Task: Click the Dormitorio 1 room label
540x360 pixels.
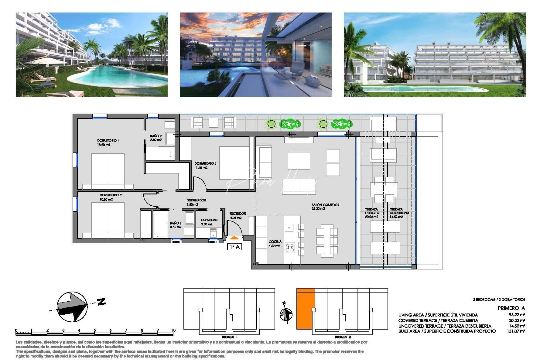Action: click(108, 143)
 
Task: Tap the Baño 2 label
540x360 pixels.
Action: click(156, 138)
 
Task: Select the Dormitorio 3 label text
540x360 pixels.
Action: click(205, 165)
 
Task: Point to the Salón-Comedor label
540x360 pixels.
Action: click(325, 206)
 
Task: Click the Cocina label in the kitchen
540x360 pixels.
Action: click(275, 244)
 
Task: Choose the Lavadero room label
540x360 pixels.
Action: click(209, 222)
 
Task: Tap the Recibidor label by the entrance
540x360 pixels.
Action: click(237, 215)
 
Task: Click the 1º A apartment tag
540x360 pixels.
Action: click(234, 247)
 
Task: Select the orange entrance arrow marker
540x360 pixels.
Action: click(234, 238)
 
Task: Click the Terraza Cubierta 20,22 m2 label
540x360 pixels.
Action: click(372, 213)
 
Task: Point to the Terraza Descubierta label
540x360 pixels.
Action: click(399, 213)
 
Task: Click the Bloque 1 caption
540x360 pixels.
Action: click(230, 337)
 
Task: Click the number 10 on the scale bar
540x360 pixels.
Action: click(173, 330)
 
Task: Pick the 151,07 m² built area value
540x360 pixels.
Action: click(516, 331)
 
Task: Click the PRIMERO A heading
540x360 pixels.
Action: click(511, 308)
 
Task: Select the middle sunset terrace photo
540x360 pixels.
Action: click(255, 55)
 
